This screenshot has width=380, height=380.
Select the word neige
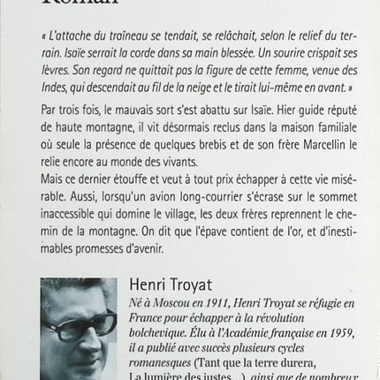(x=214, y=88)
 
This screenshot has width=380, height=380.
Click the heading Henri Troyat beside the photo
(x=169, y=285)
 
